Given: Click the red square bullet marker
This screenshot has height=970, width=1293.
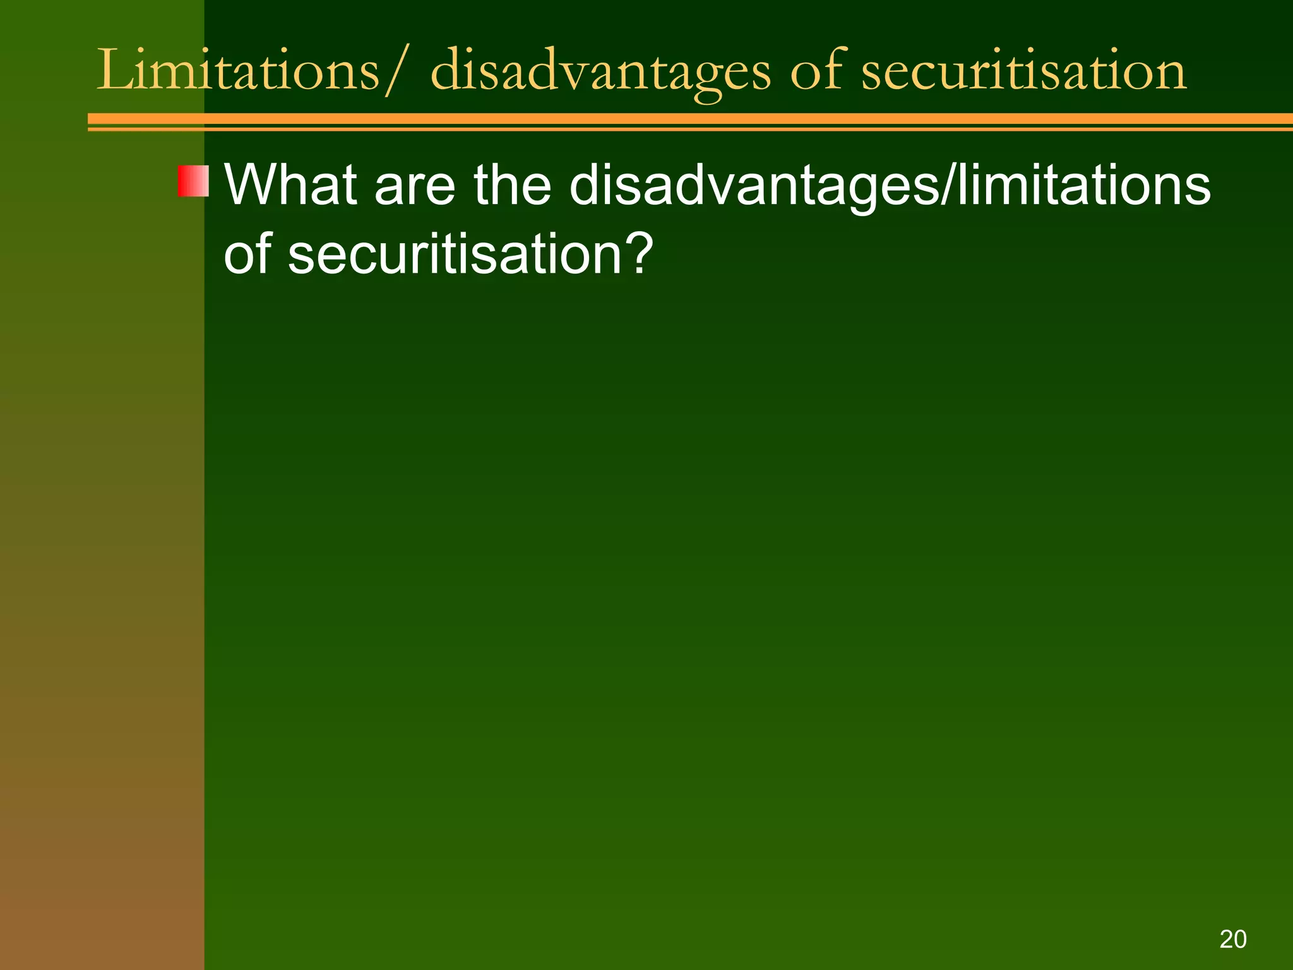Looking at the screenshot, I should click(x=193, y=181).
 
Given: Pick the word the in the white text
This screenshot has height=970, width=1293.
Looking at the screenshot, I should click(x=512, y=185).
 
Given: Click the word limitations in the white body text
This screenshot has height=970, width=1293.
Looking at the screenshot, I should click(x=1083, y=185).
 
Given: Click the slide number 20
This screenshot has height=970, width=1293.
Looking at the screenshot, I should click(x=1232, y=939).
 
